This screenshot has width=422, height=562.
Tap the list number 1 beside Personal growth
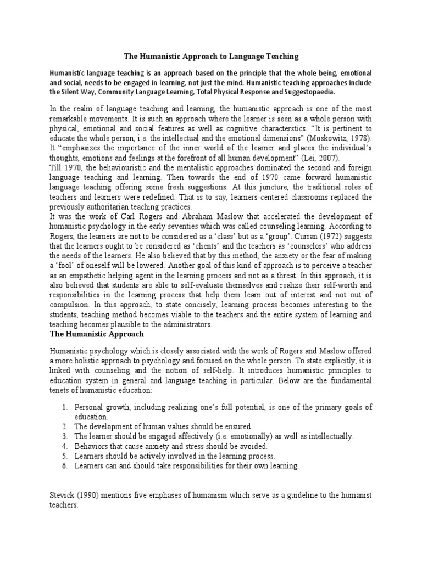point(64,407)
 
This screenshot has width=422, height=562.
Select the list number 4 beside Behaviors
point(64,446)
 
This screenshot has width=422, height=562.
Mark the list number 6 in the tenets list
point(64,465)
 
